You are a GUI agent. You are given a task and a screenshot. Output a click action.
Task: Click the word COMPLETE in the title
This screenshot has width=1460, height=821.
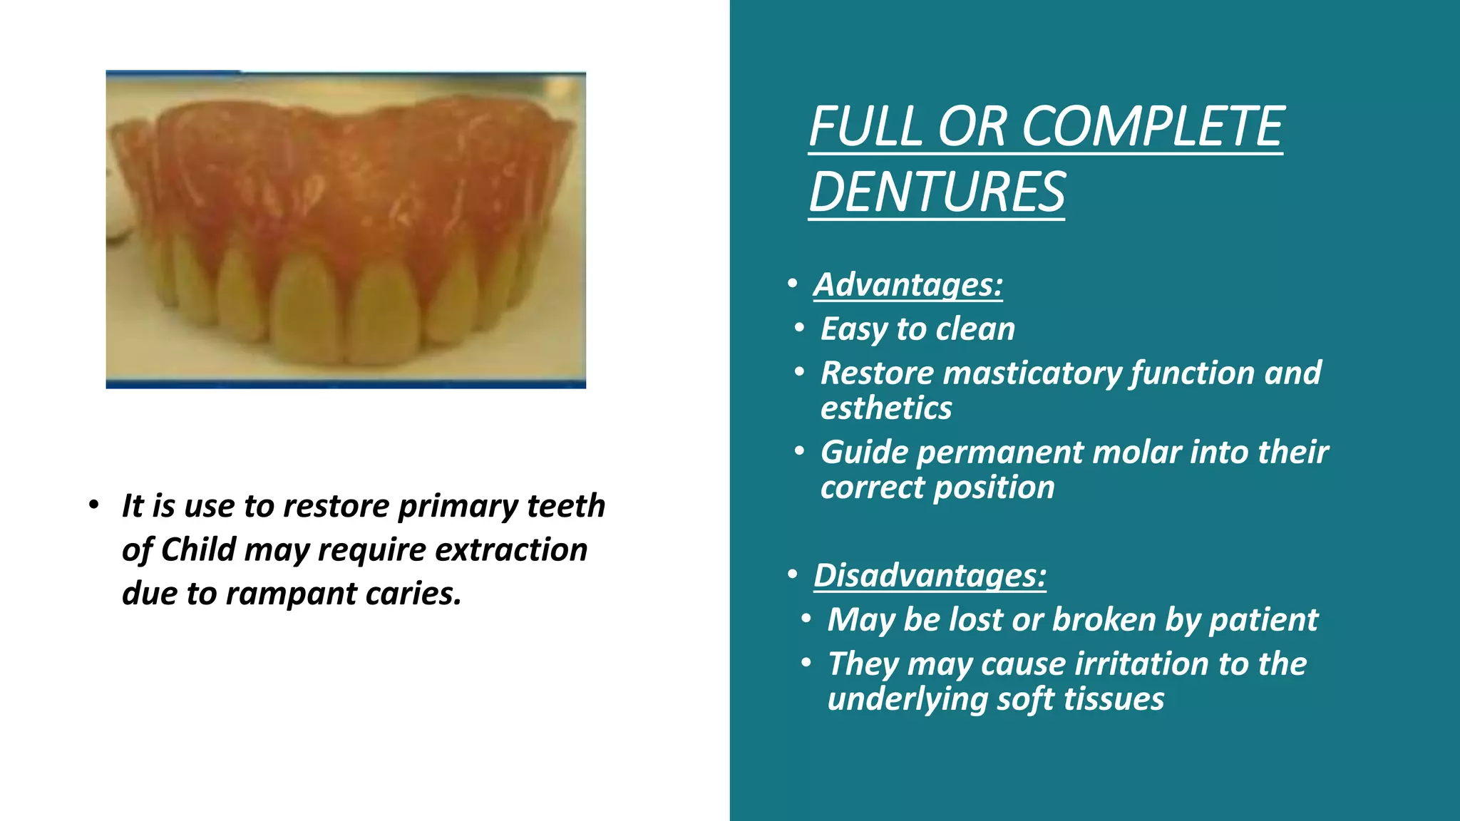[x=1153, y=127]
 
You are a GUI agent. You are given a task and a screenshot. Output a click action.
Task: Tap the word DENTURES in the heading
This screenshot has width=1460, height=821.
[x=937, y=192]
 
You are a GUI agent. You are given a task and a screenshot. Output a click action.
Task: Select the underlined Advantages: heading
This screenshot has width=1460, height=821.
[x=908, y=284]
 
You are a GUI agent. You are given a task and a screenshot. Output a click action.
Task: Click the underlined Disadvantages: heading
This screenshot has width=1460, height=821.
[x=930, y=575]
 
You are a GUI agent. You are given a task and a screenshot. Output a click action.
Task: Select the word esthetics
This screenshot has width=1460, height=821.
[x=885, y=408]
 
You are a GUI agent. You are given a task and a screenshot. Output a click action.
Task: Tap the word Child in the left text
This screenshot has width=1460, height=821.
[x=198, y=549]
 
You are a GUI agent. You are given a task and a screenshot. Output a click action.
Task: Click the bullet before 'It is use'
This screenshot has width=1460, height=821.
[x=93, y=505]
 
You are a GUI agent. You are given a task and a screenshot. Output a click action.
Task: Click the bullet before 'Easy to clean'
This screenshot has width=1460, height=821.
[x=799, y=329]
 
